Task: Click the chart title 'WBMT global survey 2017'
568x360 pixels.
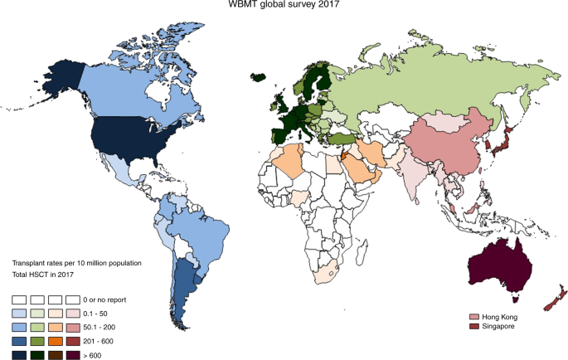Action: tap(284, 5)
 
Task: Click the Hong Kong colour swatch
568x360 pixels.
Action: tap(474, 317)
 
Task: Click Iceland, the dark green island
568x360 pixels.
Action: tap(259, 78)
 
